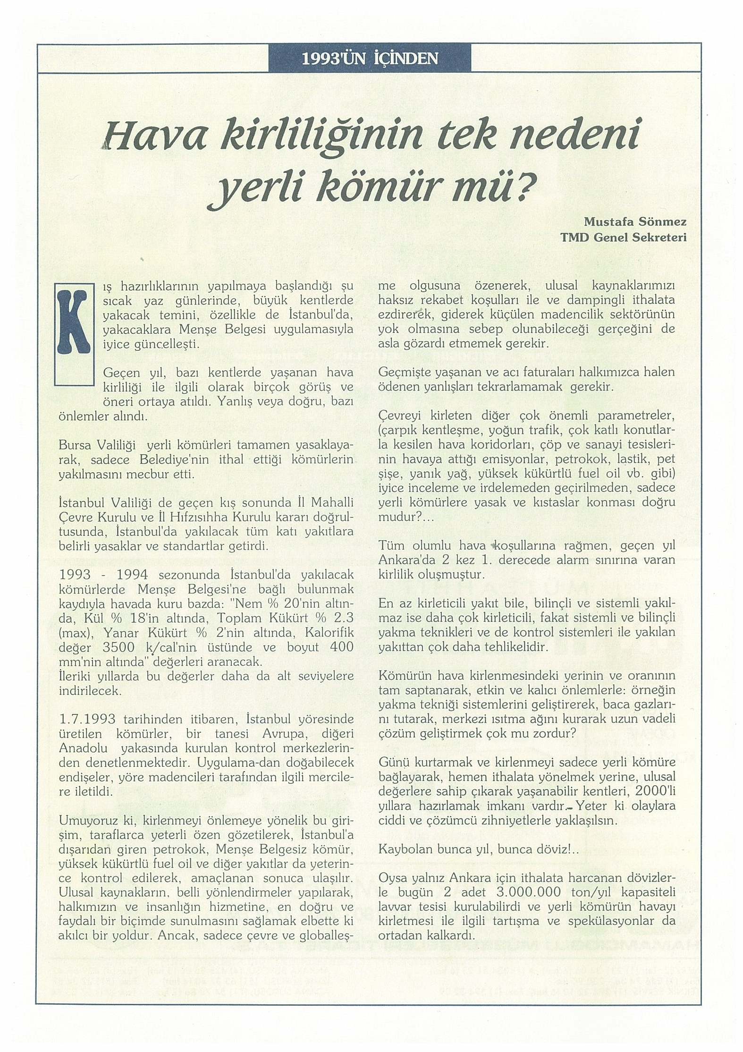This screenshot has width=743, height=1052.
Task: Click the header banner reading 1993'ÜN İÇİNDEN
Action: [370, 58]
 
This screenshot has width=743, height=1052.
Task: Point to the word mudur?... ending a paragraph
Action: [403, 517]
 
